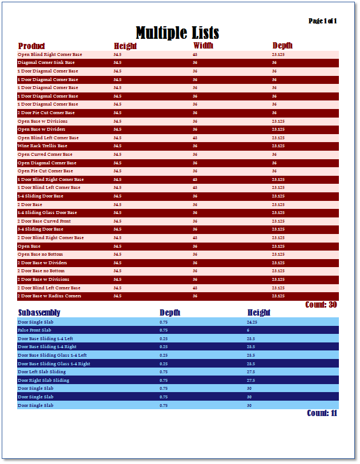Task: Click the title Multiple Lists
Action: tap(177, 33)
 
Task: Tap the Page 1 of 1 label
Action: tap(322, 21)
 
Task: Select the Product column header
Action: tap(31, 46)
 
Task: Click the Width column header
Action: tap(203, 46)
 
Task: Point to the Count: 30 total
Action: tap(321, 304)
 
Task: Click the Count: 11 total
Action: tap(322, 413)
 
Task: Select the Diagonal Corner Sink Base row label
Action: tap(46, 63)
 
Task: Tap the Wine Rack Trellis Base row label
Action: tap(42, 146)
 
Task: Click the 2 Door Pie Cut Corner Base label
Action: tap(46, 112)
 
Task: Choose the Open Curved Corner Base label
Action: tap(45, 154)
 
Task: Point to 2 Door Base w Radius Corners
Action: tap(49, 296)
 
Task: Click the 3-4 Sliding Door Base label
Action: tap(41, 229)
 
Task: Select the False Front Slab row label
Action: tap(34, 330)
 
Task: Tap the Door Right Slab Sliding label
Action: tap(43, 380)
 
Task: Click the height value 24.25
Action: tap(252, 322)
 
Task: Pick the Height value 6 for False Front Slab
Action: tap(248, 330)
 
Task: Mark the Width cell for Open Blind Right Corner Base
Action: tap(195, 54)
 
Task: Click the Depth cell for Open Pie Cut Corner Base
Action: tap(274, 171)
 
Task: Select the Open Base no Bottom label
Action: tap(41, 255)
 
